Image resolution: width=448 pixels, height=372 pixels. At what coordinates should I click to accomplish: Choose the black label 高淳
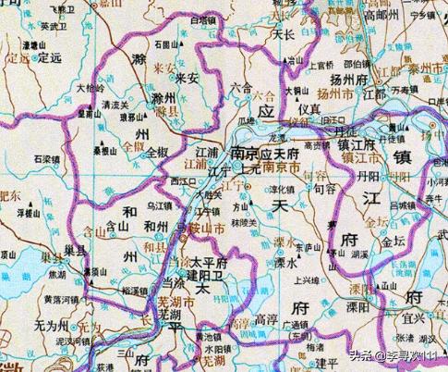[267, 318]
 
